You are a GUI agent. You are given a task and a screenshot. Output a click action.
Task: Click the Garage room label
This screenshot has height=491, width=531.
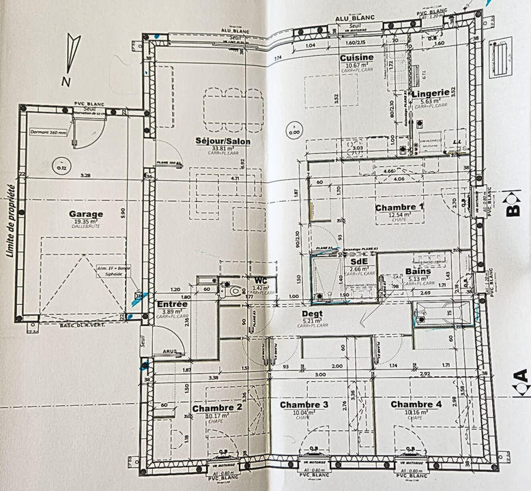click(86, 214)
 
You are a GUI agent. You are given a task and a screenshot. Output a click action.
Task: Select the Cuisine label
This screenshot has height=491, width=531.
click(357, 58)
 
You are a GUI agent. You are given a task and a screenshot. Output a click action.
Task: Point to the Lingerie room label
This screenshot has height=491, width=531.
click(430, 92)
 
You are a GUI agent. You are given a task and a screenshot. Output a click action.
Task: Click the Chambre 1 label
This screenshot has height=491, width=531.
click(399, 207)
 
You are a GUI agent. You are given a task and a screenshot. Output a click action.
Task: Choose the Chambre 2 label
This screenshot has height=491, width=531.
click(218, 408)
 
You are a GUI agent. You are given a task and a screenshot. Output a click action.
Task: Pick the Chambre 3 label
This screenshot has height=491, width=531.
click(304, 404)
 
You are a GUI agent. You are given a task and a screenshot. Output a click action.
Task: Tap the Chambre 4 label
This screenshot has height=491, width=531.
click(416, 404)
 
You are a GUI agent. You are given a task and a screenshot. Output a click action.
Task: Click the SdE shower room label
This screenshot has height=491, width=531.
click(358, 262)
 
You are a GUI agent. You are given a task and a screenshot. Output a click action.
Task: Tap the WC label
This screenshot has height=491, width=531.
click(259, 280)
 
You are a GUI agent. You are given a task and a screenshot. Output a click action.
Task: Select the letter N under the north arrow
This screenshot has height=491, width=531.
click(66, 81)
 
